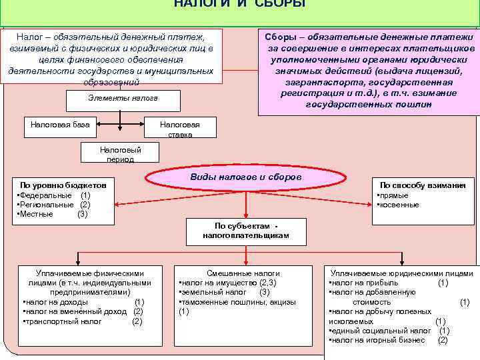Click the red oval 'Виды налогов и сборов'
coord(246,178)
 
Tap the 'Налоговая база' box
coord(61,123)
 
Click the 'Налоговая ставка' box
coord(179,129)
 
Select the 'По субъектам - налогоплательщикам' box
coord(246,230)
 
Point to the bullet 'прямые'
coord(393,196)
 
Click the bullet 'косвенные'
coord(399,205)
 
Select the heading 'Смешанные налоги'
coord(244,273)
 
